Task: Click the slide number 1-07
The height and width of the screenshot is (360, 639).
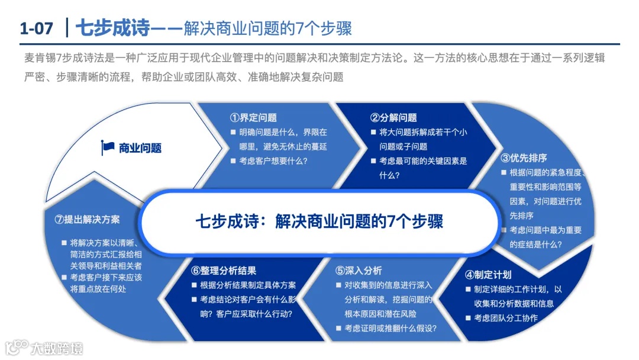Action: [x=37, y=28]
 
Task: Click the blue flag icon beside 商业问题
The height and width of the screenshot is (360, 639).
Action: [x=108, y=147]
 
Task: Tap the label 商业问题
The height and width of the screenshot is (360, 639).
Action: [x=140, y=148]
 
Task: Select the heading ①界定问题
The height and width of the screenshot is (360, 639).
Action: [x=253, y=118]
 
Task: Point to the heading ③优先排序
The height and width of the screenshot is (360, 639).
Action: [x=524, y=158]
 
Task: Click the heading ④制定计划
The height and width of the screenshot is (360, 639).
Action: [x=488, y=275]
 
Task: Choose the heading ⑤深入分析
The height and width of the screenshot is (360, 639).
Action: [x=359, y=271]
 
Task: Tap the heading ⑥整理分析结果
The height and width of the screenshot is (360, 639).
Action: [x=224, y=271]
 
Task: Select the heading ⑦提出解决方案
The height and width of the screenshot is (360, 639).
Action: [x=87, y=219]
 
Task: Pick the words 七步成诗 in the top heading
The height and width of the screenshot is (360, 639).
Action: [x=114, y=28]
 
